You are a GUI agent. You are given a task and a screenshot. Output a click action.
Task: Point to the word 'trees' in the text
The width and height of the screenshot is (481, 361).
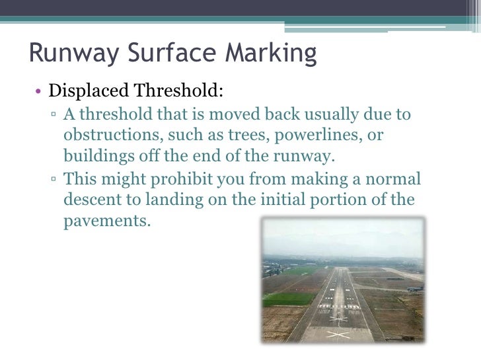[243, 136]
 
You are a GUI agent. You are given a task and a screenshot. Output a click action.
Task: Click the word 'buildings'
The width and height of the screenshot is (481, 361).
[96, 157]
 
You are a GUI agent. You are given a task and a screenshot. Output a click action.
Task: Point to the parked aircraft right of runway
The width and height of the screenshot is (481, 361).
[415, 289]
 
